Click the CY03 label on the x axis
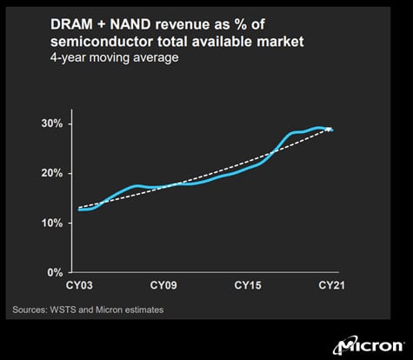pyautogui.click(x=79, y=285)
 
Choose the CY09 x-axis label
pyautogui.click(x=164, y=285)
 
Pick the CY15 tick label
pyautogui.click(x=249, y=285)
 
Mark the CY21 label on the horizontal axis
pyautogui.click(x=333, y=285)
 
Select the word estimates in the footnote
pyautogui.click(x=140, y=309)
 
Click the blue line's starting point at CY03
pyautogui.click(x=79, y=210)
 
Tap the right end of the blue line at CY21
pyautogui.click(x=332, y=130)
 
